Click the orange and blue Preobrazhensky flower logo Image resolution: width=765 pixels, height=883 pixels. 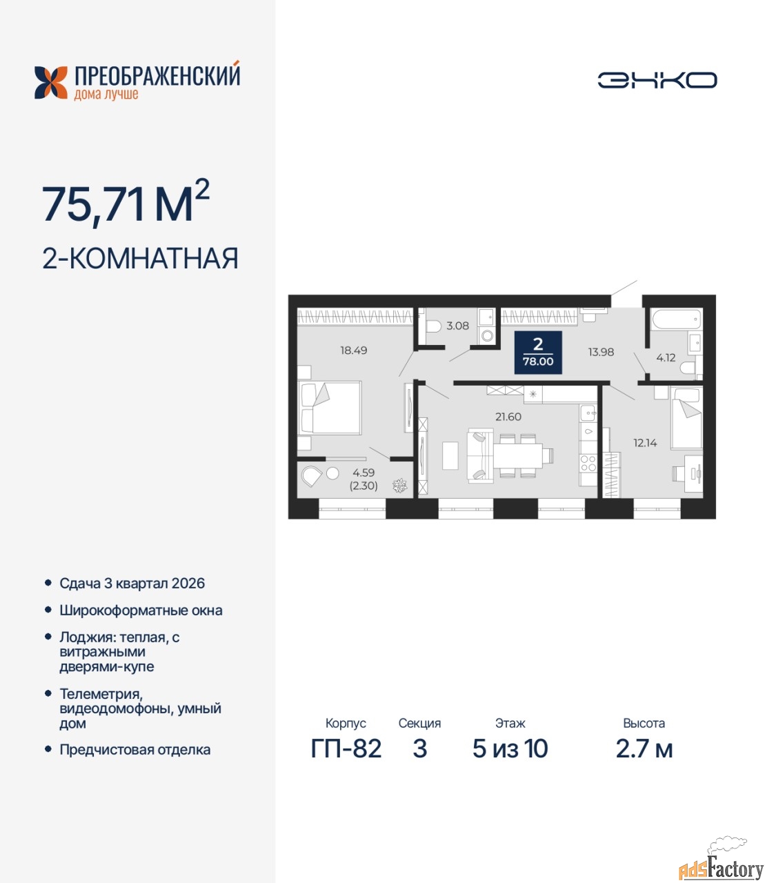point(51,83)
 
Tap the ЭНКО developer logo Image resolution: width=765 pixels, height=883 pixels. point(657,80)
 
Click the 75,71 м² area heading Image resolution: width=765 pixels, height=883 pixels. point(126,203)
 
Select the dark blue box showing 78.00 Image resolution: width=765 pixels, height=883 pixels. point(538,352)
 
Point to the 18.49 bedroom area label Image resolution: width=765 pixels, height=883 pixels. point(353,350)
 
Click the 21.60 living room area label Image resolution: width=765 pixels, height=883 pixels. point(508,417)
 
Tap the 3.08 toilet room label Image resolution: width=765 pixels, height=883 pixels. point(457,326)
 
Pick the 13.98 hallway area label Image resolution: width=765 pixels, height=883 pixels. point(601,352)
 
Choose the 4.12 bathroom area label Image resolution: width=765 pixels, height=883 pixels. point(666,357)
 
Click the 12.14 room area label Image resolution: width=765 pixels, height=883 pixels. point(645,443)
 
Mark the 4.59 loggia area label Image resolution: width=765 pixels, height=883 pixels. point(363,473)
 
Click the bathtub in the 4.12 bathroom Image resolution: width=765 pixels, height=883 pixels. point(676,319)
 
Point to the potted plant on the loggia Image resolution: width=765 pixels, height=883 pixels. point(399,486)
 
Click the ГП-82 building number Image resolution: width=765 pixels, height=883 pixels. point(346,748)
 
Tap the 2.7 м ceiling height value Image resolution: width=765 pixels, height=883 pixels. point(644,748)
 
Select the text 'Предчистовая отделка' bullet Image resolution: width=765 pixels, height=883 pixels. point(135,750)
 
